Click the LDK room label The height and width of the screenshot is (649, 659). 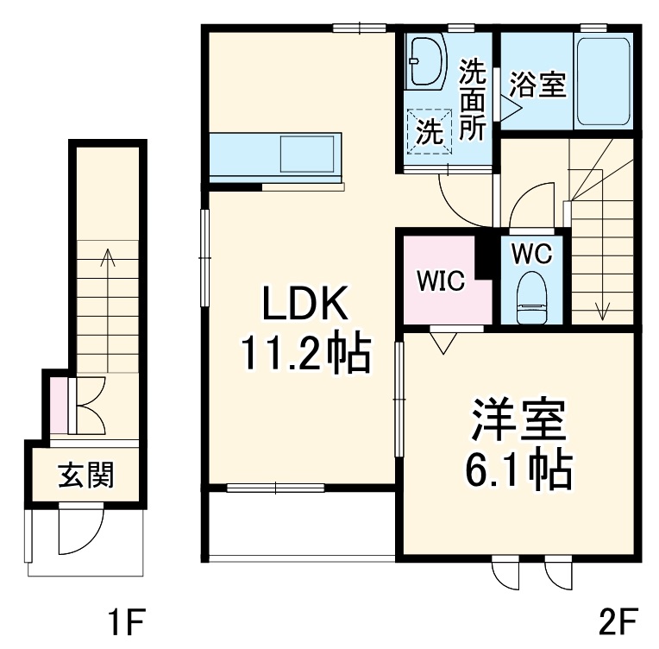305,303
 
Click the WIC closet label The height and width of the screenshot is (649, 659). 441,280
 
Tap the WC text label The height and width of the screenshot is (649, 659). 532,254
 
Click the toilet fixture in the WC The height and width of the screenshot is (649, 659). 532,298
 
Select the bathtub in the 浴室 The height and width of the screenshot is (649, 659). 604,82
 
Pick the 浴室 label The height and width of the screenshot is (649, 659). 538,84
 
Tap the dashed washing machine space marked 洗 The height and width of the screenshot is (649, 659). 429,132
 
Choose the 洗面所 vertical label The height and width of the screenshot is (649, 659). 472,99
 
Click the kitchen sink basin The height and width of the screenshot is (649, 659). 307,154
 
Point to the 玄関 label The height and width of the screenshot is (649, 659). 85,475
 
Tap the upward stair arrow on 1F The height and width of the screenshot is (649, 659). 109,311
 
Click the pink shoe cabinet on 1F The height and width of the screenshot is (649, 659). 59,406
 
